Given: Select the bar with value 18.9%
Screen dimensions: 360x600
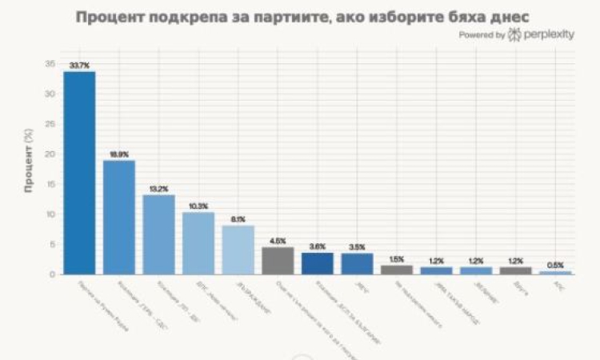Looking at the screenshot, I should tap(119, 217).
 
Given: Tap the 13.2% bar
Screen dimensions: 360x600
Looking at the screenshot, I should tap(158, 234).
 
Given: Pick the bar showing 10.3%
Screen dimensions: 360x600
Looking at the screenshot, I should tap(198, 243).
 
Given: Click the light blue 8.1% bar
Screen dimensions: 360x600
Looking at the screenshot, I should tap(238, 250).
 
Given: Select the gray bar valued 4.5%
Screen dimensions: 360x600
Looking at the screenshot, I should tap(278, 261).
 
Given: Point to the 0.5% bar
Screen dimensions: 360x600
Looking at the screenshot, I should tap(555, 273).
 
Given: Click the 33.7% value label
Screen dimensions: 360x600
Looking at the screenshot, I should tap(79, 64).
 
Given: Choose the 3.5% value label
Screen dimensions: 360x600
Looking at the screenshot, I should tap(357, 246).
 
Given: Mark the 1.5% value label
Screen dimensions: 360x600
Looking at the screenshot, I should tap(397, 258).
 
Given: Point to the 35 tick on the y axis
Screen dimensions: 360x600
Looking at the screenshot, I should tap(50, 64).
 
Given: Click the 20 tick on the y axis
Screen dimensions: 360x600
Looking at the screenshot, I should tap(50, 154).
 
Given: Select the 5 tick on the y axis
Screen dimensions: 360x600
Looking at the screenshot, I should tap(53, 245).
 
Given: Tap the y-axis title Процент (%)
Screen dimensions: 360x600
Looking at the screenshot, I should tap(28, 169).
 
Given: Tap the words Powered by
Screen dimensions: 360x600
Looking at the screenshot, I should tap(482, 35).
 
